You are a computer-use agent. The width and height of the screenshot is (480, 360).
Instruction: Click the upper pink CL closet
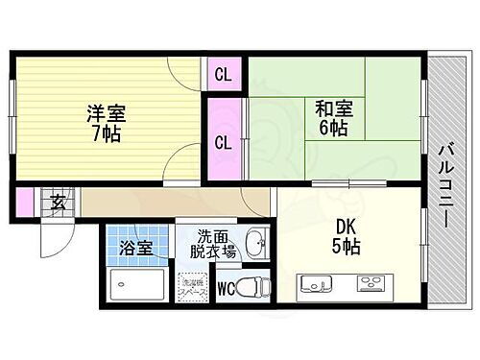click(x=222, y=75)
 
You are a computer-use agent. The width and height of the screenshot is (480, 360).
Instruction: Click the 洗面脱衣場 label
click(x=217, y=246)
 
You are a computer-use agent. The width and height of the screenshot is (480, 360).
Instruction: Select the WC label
click(x=223, y=286)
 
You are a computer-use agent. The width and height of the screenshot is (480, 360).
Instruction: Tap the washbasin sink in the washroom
click(x=255, y=244)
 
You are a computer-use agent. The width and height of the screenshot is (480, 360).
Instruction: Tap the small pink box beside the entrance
click(x=23, y=203)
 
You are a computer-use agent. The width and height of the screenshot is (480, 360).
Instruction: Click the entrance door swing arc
click(x=55, y=236)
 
